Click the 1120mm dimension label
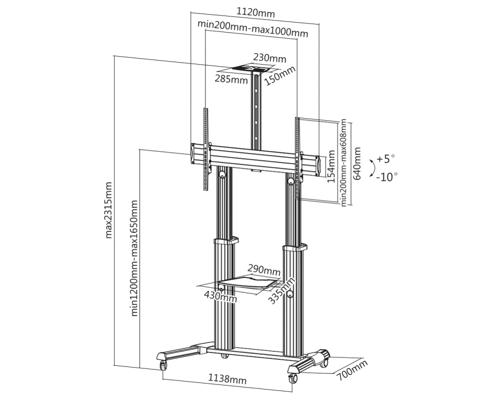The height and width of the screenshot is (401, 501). (x=256, y=13)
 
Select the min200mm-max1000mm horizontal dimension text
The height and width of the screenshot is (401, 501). (x=253, y=29)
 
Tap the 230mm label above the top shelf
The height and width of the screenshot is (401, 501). (x=270, y=58)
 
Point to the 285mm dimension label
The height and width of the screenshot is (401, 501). (x=231, y=79)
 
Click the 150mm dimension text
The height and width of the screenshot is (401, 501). (x=280, y=76)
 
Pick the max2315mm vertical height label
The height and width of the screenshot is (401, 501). (x=109, y=210)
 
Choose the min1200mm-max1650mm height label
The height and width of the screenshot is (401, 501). (x=134, y=258)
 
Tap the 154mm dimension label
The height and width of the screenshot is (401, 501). (x=331, y=166)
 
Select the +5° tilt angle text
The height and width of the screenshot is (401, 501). (x=386, y=158)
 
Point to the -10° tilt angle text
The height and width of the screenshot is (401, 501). (x=387, y=176)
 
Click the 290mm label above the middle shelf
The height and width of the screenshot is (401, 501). (x=264, y=270)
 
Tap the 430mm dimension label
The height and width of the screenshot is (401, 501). (x=220, y=296)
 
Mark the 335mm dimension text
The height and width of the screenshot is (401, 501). (x=281, y=291)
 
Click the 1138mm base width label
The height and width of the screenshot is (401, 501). (x=227, y=379)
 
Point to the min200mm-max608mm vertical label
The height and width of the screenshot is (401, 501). (x=344, y=163)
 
